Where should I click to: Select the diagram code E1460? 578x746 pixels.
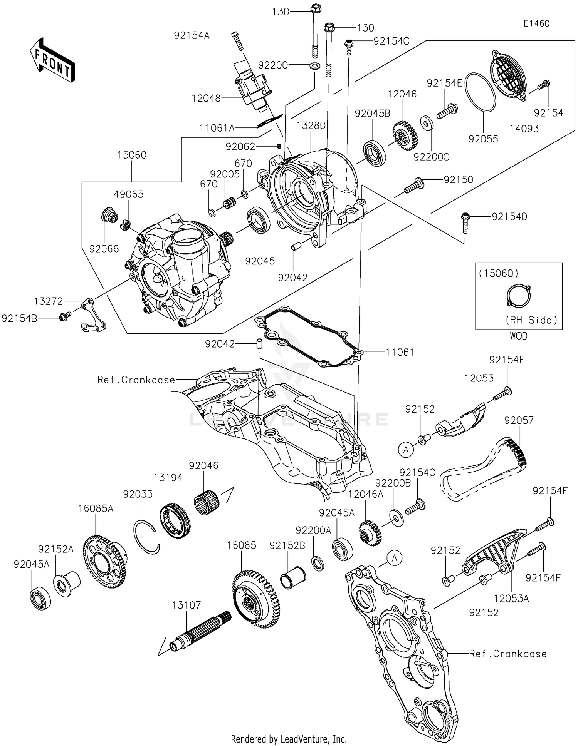[536, 23]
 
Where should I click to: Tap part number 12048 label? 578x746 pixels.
[206, 99]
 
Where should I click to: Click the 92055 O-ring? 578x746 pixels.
[480, 92]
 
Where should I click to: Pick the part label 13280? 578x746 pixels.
[311, 125]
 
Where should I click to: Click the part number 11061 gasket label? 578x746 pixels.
[400, 352]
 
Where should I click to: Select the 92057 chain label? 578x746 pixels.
[519, 420]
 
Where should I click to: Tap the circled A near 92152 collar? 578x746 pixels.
[405, 449]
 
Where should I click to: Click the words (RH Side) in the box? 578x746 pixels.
[531, 320]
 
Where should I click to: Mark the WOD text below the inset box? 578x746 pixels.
[518, 336]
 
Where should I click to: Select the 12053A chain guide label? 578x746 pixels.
[511, 599]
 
